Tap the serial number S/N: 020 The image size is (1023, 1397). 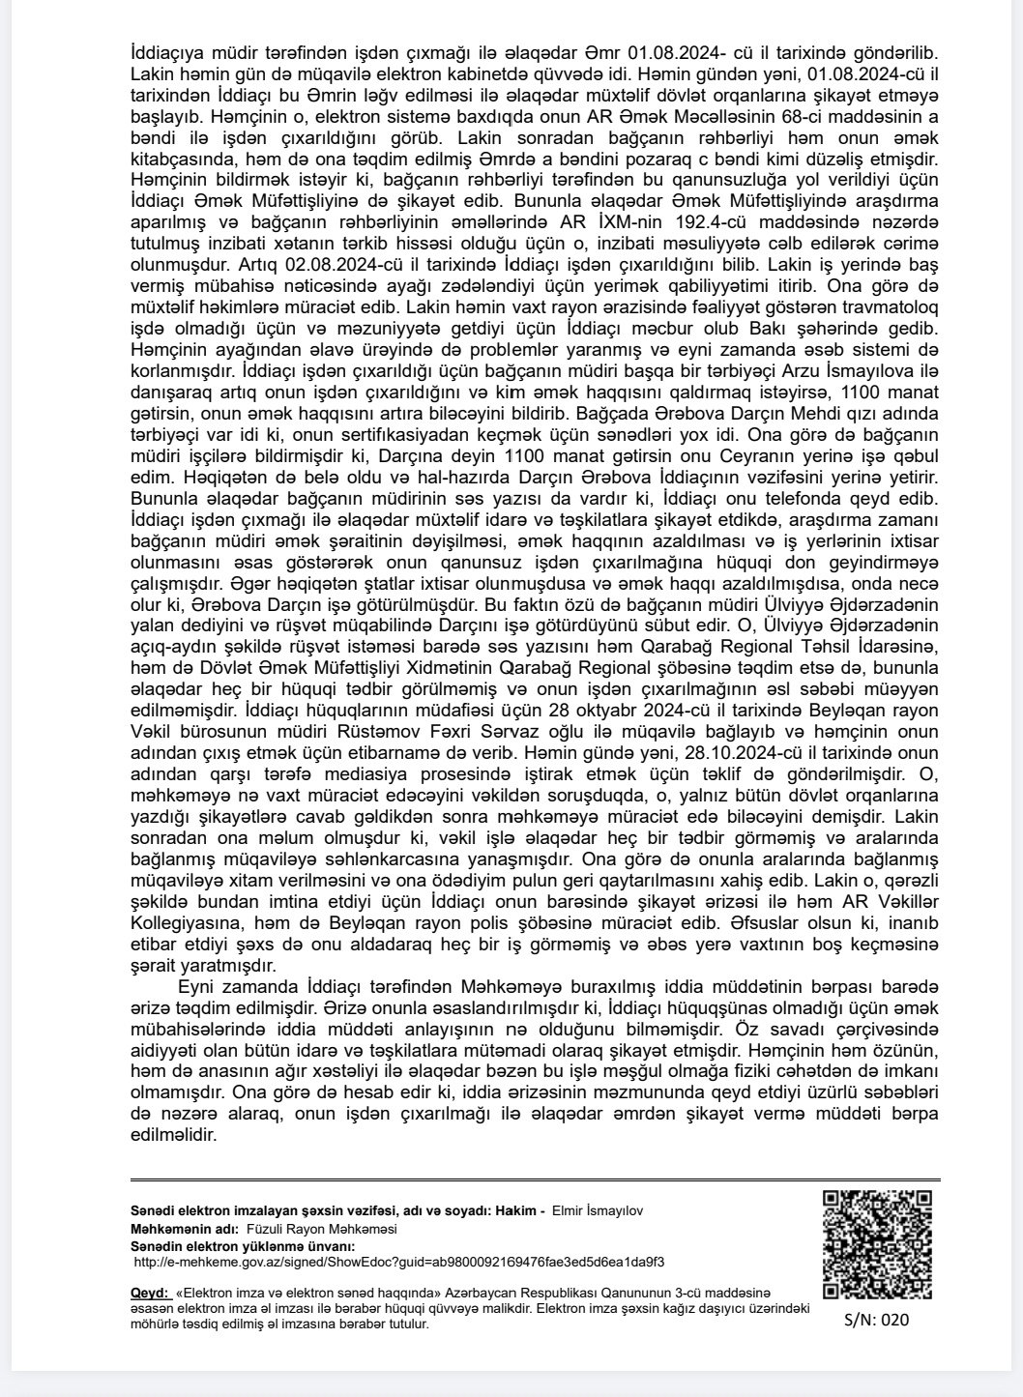point(876,1319)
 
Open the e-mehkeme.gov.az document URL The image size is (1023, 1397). point(398,1262)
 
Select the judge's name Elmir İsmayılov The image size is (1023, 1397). point(597,1210)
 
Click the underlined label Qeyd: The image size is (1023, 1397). point(149,1292)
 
